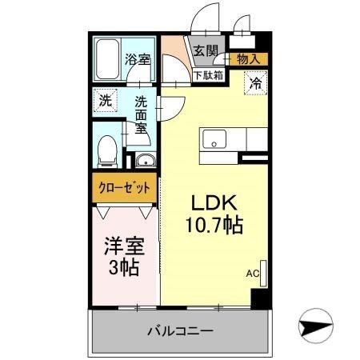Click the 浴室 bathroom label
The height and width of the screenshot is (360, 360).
coord(138,59)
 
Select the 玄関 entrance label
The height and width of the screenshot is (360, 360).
coord(206,50)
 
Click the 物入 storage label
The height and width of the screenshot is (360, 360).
coord(247,58)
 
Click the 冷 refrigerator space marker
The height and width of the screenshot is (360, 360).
coord(257,82)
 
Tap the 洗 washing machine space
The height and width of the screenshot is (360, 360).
coord(105,101)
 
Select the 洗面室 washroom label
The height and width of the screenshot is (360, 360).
coord(141,114)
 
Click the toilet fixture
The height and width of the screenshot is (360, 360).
coord(106,149)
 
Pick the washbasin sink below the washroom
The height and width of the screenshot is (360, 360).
coord(145,161)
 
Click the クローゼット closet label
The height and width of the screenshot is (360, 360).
coord(124,190)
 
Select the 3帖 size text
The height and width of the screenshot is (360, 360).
coord(124,267)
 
